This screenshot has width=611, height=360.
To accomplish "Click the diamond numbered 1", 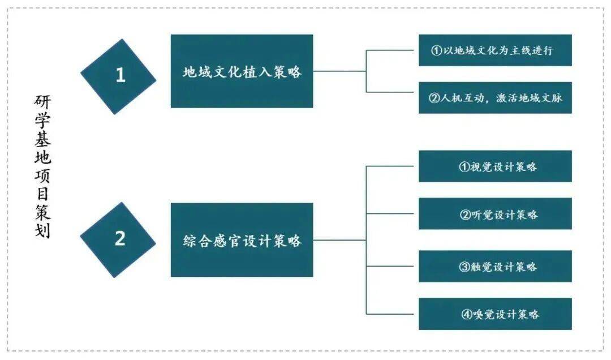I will (118, 76).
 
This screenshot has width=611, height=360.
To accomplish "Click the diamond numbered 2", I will (118, 239).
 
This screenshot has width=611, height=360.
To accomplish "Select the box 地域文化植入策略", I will (242, 71).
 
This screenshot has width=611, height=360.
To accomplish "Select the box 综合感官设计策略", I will (242, 240).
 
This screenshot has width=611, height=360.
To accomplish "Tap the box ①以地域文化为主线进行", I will (495, 50).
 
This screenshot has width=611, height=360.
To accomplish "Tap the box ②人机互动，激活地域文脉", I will (495, 97).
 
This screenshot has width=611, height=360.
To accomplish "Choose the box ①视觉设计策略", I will (495, 166).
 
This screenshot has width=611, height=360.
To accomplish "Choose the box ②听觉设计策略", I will (495, 214).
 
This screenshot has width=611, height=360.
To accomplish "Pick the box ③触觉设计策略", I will (495, 266).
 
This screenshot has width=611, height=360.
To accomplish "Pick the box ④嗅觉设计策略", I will (495, 314).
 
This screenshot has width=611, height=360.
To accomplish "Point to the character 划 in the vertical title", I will (42, 232).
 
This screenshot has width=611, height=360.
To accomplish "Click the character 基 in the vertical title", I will (42, 139).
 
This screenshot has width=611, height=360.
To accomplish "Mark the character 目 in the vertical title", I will (42, 195).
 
